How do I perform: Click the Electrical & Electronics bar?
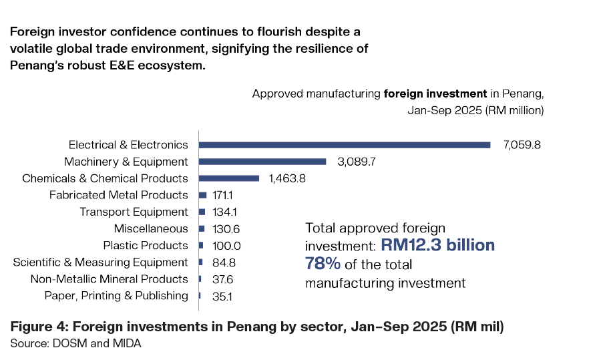(x=345, y=144)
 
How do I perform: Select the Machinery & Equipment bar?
(x=262, y=161)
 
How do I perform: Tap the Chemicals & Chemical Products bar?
(x=229, y=178)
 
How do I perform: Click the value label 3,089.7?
(x=355, y=162)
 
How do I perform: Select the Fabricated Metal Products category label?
(x=119, y=195)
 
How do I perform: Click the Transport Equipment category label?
(x=134, y=212)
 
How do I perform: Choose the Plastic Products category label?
(x=145, y=245)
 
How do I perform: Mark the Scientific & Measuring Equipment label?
(x=100, y=262)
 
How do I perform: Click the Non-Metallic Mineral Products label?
(x=110, y=279)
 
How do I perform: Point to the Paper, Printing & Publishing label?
(x=116, y=295)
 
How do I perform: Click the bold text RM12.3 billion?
(x=438, y=245)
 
